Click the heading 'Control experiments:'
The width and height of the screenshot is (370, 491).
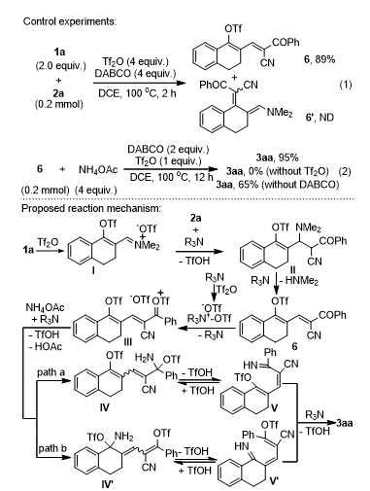coord(70,21)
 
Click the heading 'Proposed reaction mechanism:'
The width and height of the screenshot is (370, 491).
coord(91,208)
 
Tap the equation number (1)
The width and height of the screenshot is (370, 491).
coord(346,85)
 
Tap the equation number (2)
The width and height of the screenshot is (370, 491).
coord(345,171)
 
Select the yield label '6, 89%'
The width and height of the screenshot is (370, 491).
coord(320,59)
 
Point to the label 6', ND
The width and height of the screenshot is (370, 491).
coord(320,117)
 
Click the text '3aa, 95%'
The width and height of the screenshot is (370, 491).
coord(277,158)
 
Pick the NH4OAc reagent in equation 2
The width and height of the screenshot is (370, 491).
coord(98,169)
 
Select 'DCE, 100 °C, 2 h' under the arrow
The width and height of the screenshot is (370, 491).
coord(137,93)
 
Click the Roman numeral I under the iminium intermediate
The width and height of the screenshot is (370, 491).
coord(93,270)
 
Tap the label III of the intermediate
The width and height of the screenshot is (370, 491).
coord(128,342)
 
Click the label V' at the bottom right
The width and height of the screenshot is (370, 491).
coord(274,480)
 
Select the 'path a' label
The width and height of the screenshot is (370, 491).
coord(50,372)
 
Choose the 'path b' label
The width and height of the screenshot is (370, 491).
coord(52,448)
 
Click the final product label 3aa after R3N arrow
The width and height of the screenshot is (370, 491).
coord(344,423)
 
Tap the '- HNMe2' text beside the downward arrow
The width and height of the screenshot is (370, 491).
coord(298,280)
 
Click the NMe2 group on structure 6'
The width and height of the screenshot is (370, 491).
coord(280,113)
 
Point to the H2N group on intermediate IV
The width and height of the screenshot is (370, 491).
coord(143,358)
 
